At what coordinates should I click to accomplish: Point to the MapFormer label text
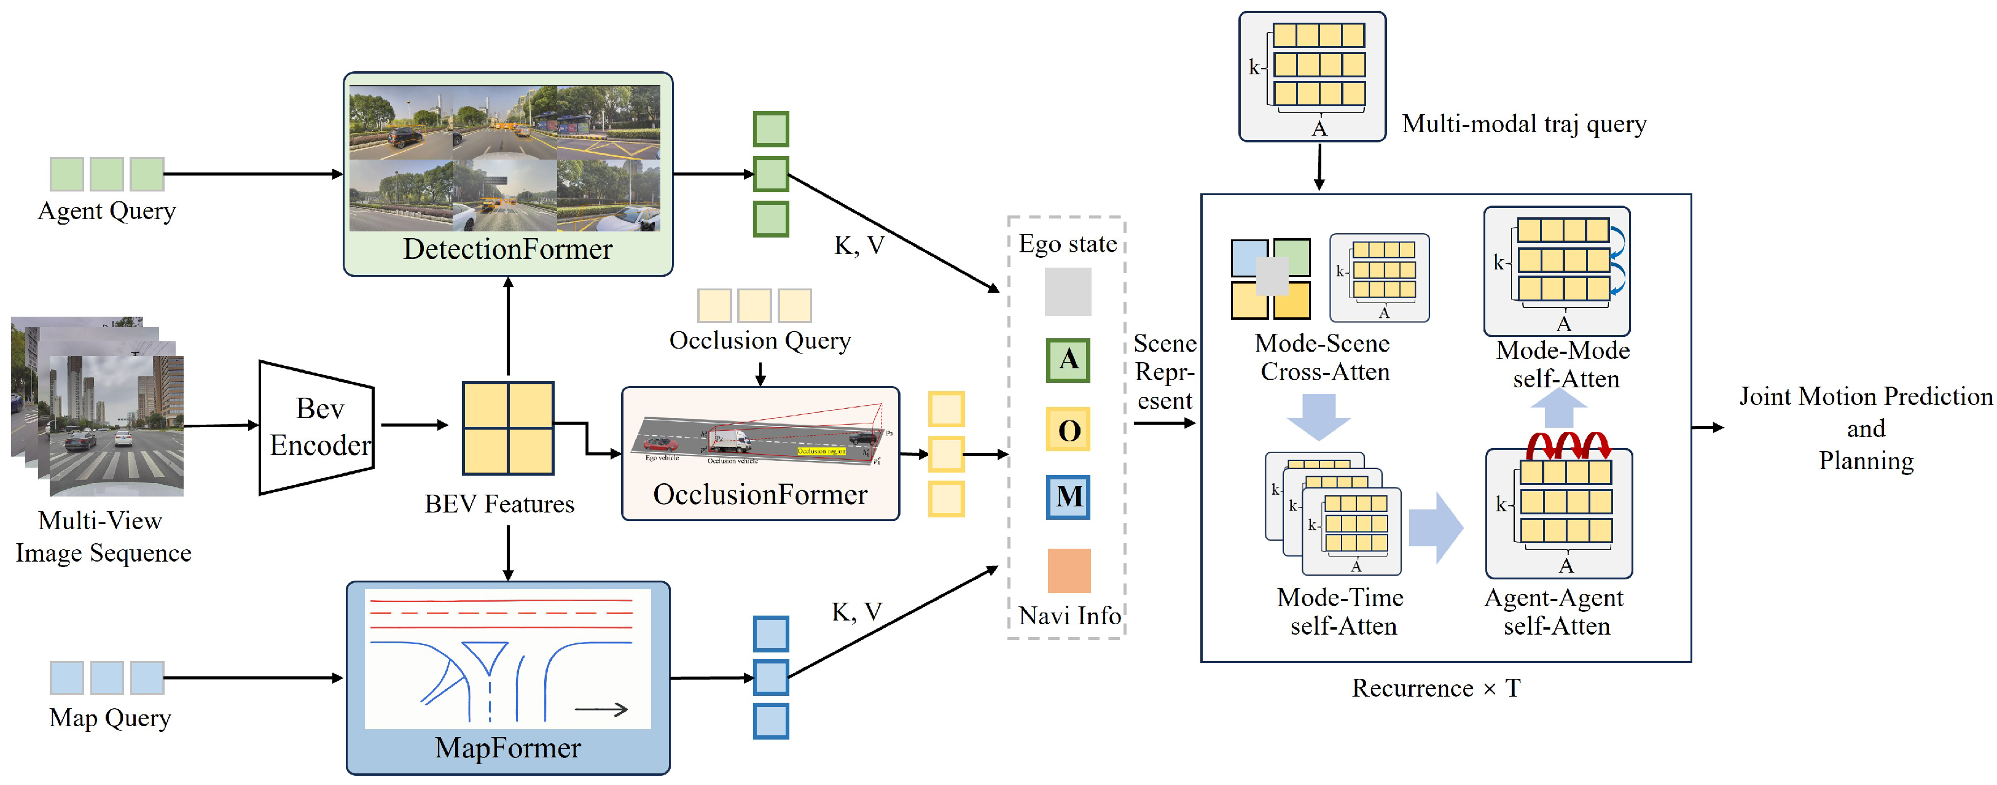[508, 748]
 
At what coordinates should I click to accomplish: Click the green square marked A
[1068, 360]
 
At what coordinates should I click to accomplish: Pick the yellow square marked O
[1068, 429]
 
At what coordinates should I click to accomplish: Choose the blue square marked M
[1068, 497]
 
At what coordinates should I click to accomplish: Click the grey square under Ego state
[1068, 292]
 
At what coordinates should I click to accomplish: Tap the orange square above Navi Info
[1068, 570]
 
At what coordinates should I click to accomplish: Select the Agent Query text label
[107, 211]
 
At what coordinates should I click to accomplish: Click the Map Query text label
[110, 717]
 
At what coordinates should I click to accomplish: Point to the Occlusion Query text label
[760, 340]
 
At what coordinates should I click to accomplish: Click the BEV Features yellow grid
[508, 428]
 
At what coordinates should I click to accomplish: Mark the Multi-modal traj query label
[1523, 124]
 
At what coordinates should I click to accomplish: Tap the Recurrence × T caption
[1436, 688]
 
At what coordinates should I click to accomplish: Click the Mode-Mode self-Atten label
[1564, 364]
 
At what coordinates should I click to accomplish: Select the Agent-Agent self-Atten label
[1555, 611]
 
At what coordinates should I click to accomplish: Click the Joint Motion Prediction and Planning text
[1865, 428]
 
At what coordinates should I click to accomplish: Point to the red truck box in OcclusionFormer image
[731, 441]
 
